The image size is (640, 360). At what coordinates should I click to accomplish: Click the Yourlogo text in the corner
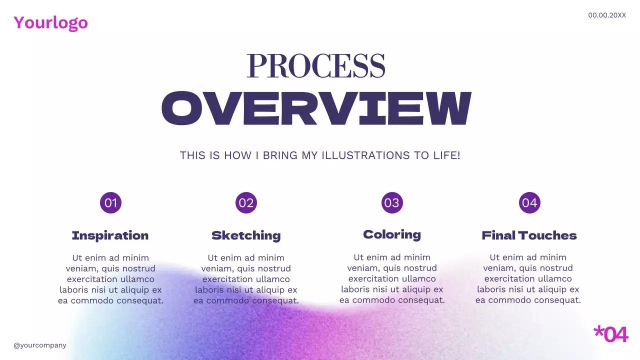[50, 22]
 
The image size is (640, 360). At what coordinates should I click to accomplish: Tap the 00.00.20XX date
[606, 15]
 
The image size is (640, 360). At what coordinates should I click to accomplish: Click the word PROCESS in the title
[316, 66]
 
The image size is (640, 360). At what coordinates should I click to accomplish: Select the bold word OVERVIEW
[316, 108]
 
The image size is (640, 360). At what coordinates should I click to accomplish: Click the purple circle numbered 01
[110, 203]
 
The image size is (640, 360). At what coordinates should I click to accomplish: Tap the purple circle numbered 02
[246, 203]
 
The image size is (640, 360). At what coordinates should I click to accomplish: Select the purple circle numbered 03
[392, 203]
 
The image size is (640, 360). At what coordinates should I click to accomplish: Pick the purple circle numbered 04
[529, 203]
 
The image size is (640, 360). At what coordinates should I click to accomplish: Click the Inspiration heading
[110, 235]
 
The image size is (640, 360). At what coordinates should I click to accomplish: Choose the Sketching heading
[246, 235]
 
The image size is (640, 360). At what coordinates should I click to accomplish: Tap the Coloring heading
[392, 234]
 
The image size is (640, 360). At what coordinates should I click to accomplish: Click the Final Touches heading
[529, 235]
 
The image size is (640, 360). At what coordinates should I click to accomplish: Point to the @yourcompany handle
[40, 345]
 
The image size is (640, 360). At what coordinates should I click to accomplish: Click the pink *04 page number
[610, 334]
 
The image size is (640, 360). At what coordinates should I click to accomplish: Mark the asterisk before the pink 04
[598, 331]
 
